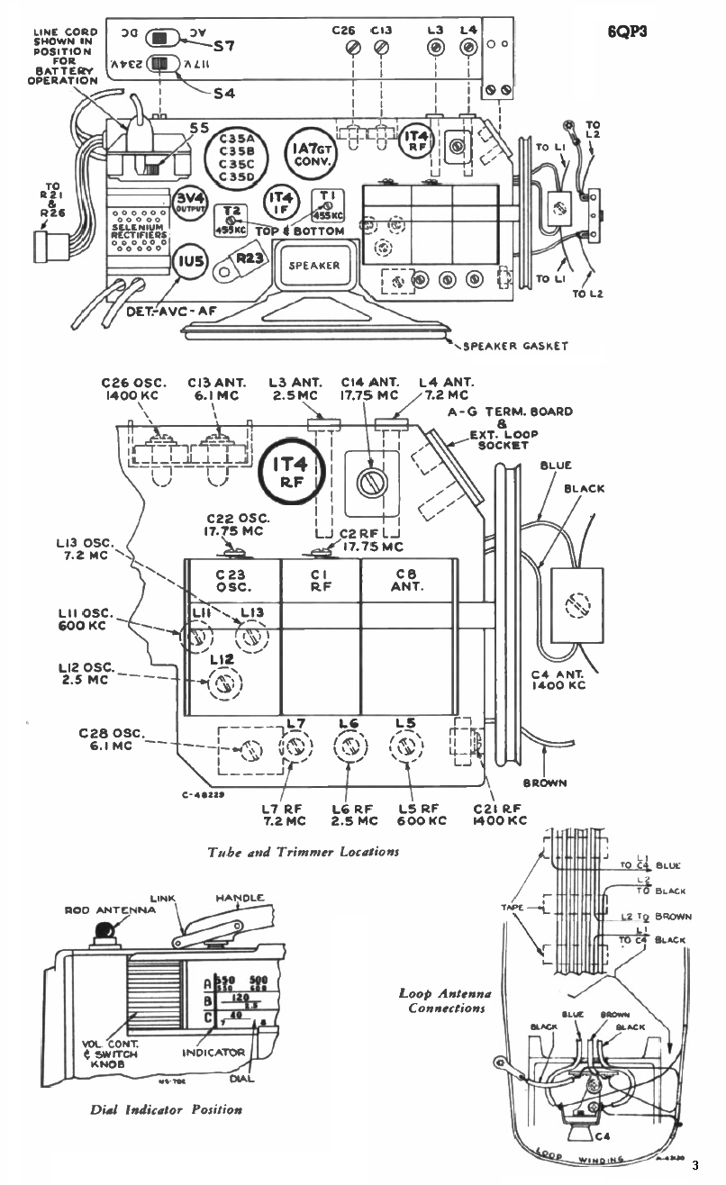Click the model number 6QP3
(630, 30)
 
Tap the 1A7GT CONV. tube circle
(309, 154)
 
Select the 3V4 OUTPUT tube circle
(189, 204)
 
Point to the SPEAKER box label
(313, 266)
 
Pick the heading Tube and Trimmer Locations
(303, 851)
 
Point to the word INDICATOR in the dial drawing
(213, 1052)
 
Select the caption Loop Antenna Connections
(446, 1000)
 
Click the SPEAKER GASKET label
(514, 346)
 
